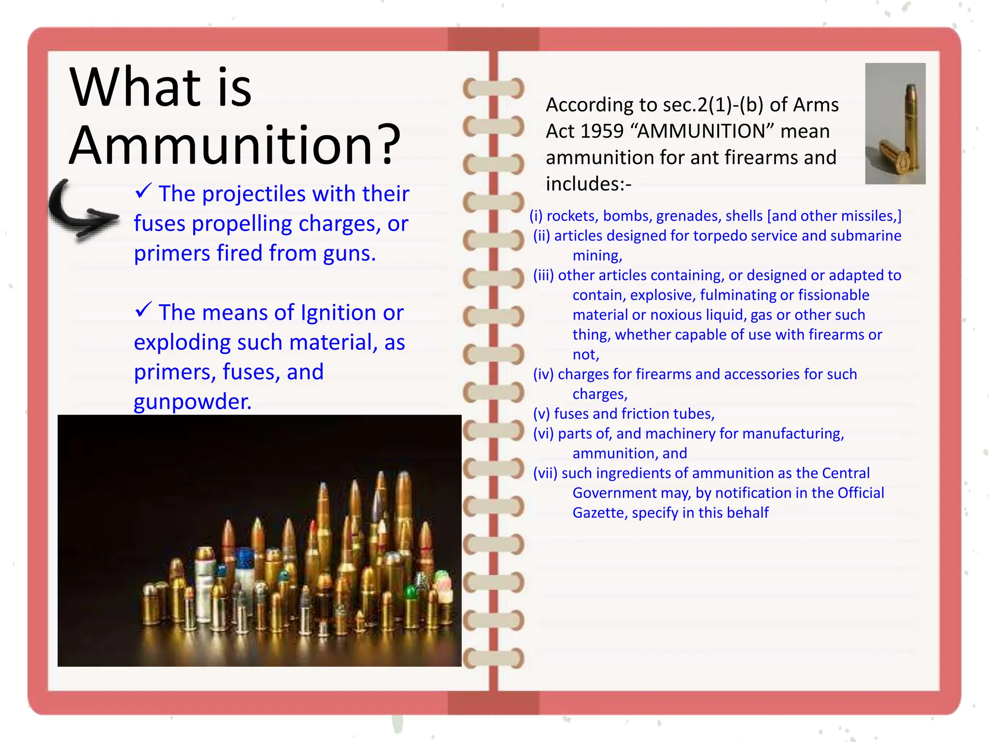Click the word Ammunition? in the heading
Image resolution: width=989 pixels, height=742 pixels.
[235, 145]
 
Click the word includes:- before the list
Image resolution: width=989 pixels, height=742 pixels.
[588, 184]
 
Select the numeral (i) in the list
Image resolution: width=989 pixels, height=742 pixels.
[536, 216]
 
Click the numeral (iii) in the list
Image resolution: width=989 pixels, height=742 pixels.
[543, 275]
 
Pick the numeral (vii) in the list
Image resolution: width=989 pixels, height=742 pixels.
[545, 473]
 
